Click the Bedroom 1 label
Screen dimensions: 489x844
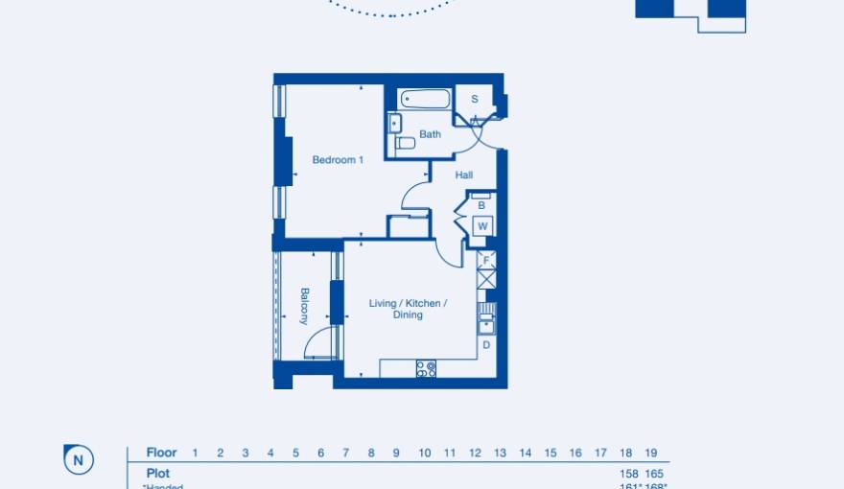click(338, 160)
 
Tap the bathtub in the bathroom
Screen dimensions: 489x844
click(425, 99)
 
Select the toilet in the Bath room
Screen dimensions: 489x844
click(406, 143)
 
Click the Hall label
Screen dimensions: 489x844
click(464, 175)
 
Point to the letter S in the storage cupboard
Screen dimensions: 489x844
click(474, 100)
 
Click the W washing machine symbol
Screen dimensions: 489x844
click(482, 226)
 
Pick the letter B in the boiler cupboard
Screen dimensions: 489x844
click(481, 205)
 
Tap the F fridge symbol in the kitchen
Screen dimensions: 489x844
click(486, 260)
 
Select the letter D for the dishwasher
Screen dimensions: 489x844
click(486, 344)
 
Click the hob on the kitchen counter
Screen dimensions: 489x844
click(426, 368)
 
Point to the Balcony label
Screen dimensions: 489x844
click(304, 306)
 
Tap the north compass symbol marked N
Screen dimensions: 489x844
click(78, 460)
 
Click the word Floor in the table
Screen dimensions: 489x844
click(161, 453)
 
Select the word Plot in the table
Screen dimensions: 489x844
click(158, 474)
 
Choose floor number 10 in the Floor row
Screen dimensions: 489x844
click(424, 453)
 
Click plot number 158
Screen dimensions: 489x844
click(628, 474)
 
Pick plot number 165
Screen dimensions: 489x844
click(653, 474)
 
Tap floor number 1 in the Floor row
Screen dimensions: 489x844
click(195, 453)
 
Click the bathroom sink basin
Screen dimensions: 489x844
click(394, 122)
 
